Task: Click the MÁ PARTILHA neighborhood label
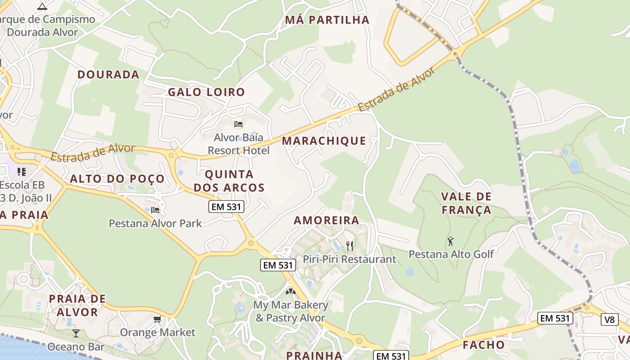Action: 327,20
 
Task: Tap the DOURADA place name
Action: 108,75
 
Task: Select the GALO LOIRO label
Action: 207,92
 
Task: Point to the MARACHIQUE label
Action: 324,141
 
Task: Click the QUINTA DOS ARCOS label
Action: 229,181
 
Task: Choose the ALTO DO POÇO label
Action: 117,179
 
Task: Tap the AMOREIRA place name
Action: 326,220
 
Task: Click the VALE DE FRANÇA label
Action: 466,203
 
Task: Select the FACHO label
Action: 484,345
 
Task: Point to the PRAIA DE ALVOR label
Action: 77,306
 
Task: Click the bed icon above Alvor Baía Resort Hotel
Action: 238,124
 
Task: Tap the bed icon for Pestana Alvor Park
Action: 155,210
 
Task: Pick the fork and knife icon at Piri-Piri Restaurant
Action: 349,246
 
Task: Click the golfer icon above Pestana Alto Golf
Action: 450,241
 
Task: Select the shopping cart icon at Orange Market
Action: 157,319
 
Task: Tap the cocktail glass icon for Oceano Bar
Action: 76,333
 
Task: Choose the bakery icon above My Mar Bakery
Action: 290,291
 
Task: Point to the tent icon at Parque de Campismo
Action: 42,6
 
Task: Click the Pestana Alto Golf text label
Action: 451,254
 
